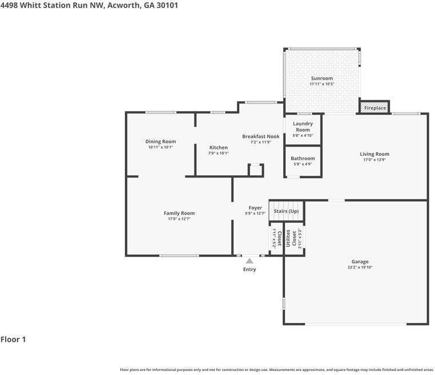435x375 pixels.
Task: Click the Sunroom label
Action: coord(321,78)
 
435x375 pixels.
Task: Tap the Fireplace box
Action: coord(375,108)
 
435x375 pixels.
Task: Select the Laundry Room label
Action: coord(303,127)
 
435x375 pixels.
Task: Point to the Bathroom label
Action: coord(302,159)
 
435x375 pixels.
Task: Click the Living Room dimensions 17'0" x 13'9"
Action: coord(374,160)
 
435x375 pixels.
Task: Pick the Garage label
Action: coord(359,262)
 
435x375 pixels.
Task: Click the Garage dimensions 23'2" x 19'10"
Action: coord(359,267)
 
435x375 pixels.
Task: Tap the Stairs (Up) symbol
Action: coord(286,211)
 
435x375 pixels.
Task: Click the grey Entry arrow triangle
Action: coord(250,261)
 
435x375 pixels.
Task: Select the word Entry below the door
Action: coord(250,270)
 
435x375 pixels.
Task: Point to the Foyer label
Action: coord(255,208)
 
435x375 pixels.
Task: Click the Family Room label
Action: coord(179,214)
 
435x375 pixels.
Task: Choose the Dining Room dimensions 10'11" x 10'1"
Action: coord(160,147)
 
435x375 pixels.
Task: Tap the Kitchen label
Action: coord(218,148)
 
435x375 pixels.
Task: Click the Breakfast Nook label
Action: coord(260,136)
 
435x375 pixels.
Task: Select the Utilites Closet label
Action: coord(294,238)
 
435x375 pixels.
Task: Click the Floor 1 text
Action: coord(13,340)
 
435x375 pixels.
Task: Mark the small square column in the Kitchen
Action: coord(256,170)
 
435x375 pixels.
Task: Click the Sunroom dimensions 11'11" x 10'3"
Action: coord(321,84)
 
